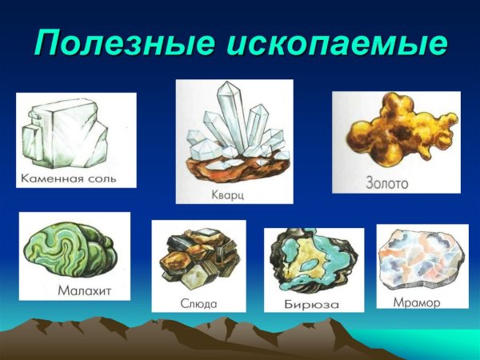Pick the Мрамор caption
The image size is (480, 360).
point(417,302)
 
